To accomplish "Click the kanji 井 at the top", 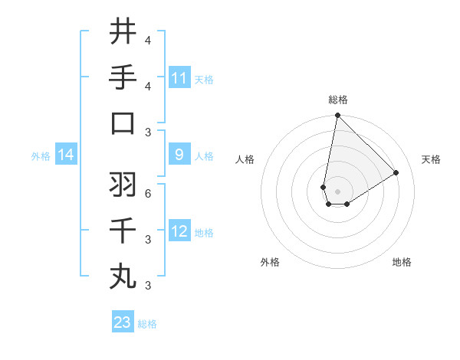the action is [123, 31].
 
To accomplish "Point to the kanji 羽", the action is [123, 185].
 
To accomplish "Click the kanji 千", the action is [123, 230].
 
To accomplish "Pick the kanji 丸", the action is [123, 276].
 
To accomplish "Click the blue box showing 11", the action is [179, 78].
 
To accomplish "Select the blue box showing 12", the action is [179, 232].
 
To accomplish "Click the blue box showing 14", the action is [66, 155].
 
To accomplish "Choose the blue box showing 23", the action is [123, 322].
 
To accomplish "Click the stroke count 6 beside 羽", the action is [148, 194].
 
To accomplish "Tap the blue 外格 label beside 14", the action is [41, 156].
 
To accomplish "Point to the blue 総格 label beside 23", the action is [147, 323].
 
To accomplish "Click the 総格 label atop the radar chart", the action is [338, 100].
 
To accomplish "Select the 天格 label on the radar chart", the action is [431, 159].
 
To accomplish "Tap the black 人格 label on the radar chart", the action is [245, 159].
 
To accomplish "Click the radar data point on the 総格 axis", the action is [337, 116].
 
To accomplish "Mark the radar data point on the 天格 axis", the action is [396, 172].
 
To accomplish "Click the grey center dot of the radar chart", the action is [337, 191].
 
